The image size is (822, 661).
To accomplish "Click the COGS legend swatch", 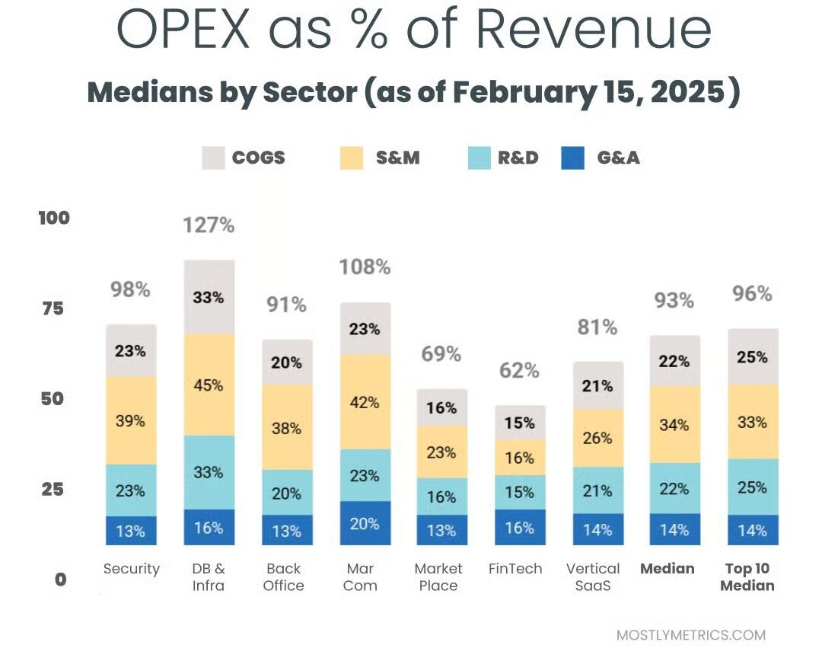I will [213, 158].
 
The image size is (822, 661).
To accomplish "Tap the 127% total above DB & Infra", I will [209, 225].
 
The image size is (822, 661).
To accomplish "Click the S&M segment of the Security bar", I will [131, 420].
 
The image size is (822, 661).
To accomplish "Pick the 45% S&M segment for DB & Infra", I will [209, 385].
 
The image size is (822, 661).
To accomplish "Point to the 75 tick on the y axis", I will [54, 308].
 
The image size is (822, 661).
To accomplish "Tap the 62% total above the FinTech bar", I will [520, 371].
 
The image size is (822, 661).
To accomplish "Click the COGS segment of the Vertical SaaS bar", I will [597, 386].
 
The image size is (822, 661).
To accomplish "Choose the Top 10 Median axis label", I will [747, 577].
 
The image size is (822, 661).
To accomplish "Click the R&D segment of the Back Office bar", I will [286, 493].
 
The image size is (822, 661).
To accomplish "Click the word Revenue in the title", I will [594, 30].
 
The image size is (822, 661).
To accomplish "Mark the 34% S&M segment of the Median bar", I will [675, 424].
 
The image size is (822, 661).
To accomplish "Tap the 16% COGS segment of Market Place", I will [441, 407].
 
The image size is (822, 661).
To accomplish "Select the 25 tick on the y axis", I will [54, 489].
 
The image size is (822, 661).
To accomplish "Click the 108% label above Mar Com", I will [365, 267].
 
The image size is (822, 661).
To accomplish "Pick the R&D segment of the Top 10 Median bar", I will [752, 487].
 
